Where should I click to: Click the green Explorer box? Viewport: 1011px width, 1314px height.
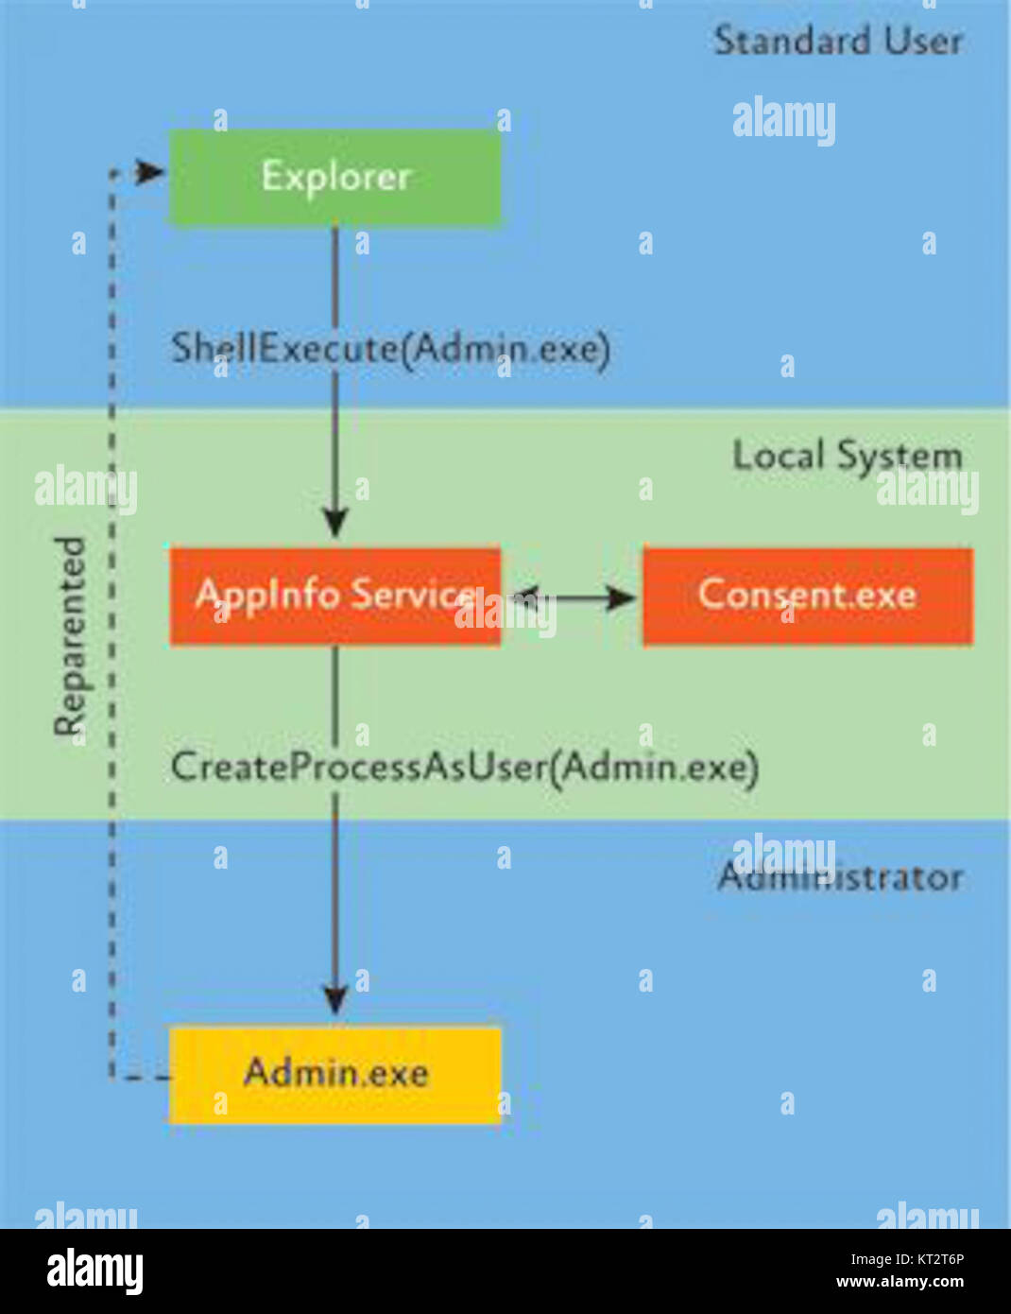(334, 178)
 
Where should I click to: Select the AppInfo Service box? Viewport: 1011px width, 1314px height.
(334, 596)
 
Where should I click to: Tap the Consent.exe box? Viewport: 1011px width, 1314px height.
(807, 596)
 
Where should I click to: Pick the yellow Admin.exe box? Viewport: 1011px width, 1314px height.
(334, 1074)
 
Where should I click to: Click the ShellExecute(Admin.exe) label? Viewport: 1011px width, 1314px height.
(390, 349)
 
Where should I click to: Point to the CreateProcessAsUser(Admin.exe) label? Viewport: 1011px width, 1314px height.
(464, 767)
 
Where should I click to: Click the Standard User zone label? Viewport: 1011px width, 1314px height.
(837, 41)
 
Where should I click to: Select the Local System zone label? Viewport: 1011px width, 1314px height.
(847, 456)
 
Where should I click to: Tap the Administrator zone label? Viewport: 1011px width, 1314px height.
(840, 877)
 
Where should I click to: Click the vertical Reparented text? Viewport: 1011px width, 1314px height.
(70, 635)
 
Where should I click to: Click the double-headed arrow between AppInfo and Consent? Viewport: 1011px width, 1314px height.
(573, 596)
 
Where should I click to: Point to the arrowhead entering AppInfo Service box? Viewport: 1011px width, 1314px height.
(334, 523)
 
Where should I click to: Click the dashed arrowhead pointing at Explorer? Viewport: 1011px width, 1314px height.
(150, 172)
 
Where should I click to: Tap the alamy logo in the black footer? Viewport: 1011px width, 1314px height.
(94, 1271)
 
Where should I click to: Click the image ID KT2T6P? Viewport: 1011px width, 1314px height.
(907, 1258)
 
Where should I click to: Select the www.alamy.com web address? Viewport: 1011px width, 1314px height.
(900, 1283)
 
